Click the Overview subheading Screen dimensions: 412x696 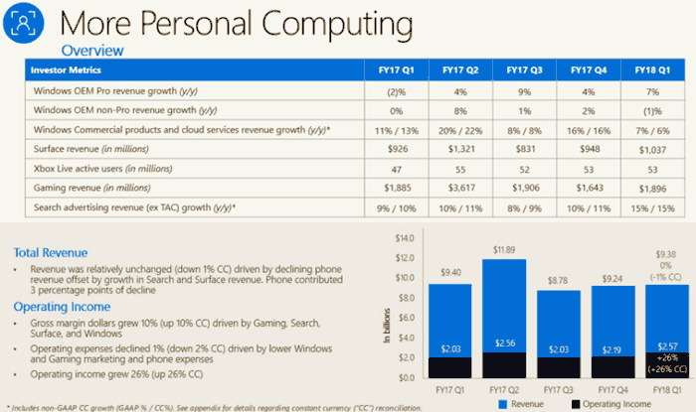point(92,50)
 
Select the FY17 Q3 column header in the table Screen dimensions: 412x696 point(524,70)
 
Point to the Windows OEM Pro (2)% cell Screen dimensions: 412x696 point(387,91)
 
